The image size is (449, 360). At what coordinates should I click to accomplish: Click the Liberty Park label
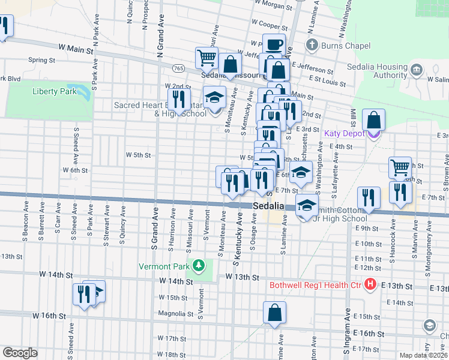point(53,91)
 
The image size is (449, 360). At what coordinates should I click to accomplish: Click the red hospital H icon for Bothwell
point(370,284)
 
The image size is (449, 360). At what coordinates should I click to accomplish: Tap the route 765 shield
point(178,69)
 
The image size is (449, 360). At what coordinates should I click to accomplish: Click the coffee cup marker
point(274,45)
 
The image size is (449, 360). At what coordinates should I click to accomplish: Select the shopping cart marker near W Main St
point(206,58)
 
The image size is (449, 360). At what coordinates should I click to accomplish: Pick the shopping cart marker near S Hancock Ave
point(399,167)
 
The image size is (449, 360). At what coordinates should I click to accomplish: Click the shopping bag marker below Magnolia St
point(274,312)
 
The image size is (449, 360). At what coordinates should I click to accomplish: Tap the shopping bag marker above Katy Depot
point(373,119)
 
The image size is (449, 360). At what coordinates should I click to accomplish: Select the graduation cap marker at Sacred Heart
point(214,97)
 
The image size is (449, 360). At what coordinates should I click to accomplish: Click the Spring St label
point(42,61)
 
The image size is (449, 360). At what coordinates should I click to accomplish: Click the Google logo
point(20,353)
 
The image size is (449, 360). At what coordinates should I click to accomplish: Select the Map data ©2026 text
point(423,355)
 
